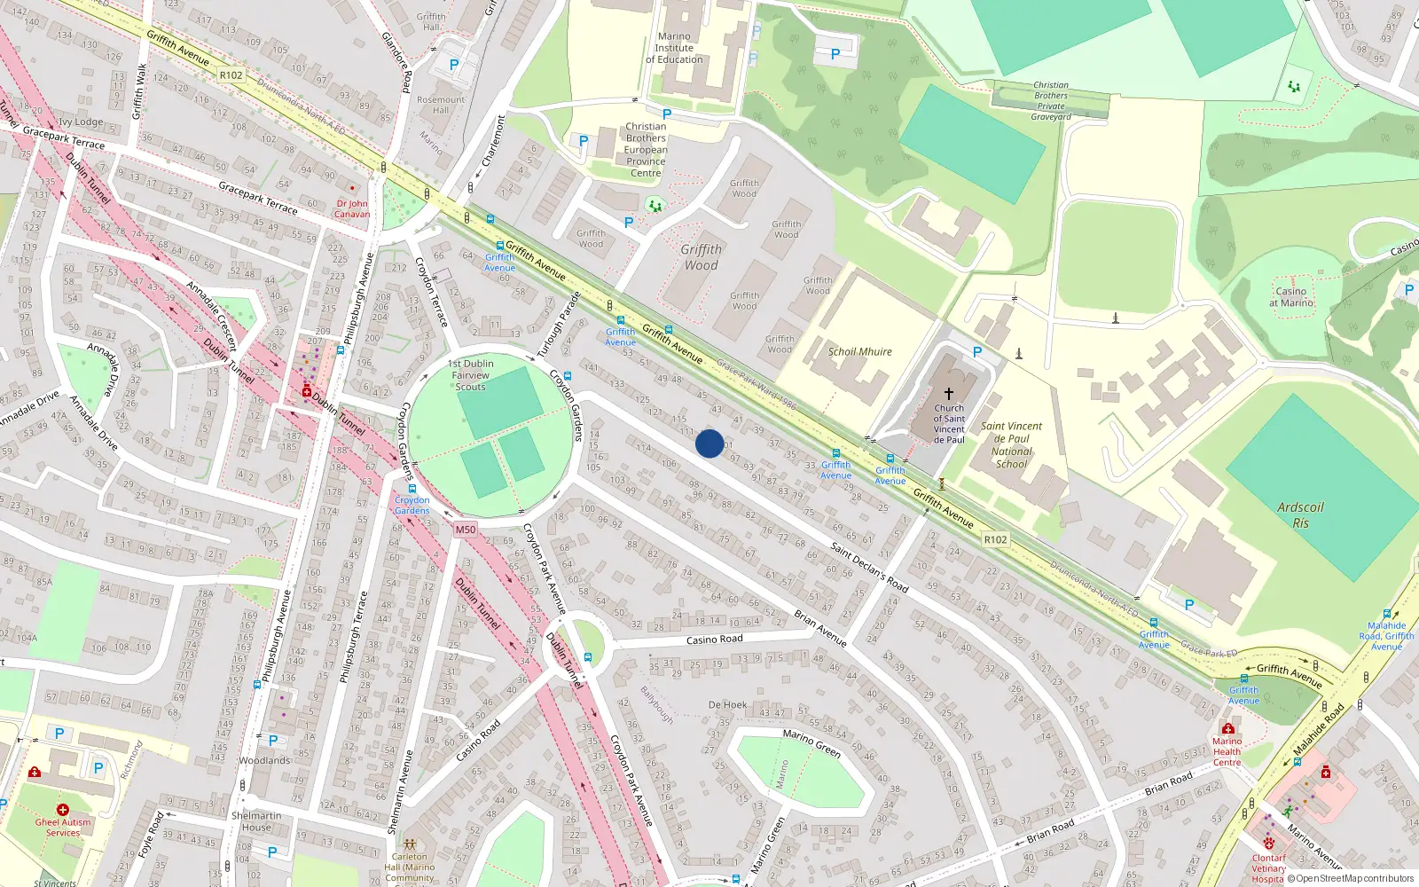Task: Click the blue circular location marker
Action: (709, 443)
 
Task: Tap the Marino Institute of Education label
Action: (674, 48)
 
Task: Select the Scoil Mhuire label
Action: (859, 351)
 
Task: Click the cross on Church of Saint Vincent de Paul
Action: (948, 393)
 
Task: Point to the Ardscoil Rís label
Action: (1300, 514)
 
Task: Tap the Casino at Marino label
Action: (1290, 296)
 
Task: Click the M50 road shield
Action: (466, 530)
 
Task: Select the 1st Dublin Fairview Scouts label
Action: (471, 375)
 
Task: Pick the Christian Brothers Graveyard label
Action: (1051, 100)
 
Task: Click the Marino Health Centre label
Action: (1227, 751)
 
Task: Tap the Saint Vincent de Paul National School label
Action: (1011, 444)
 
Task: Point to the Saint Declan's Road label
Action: (869, 568)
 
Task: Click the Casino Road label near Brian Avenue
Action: (714, 640)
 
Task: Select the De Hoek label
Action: (727, 705)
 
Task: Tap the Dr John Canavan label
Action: (352, 208)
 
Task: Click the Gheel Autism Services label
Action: (63, 827)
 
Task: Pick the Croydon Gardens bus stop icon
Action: (412, 489)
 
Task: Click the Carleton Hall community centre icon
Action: (409, 844)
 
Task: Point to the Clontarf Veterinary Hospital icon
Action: (1269, 844)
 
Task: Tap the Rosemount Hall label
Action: (441, 105)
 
